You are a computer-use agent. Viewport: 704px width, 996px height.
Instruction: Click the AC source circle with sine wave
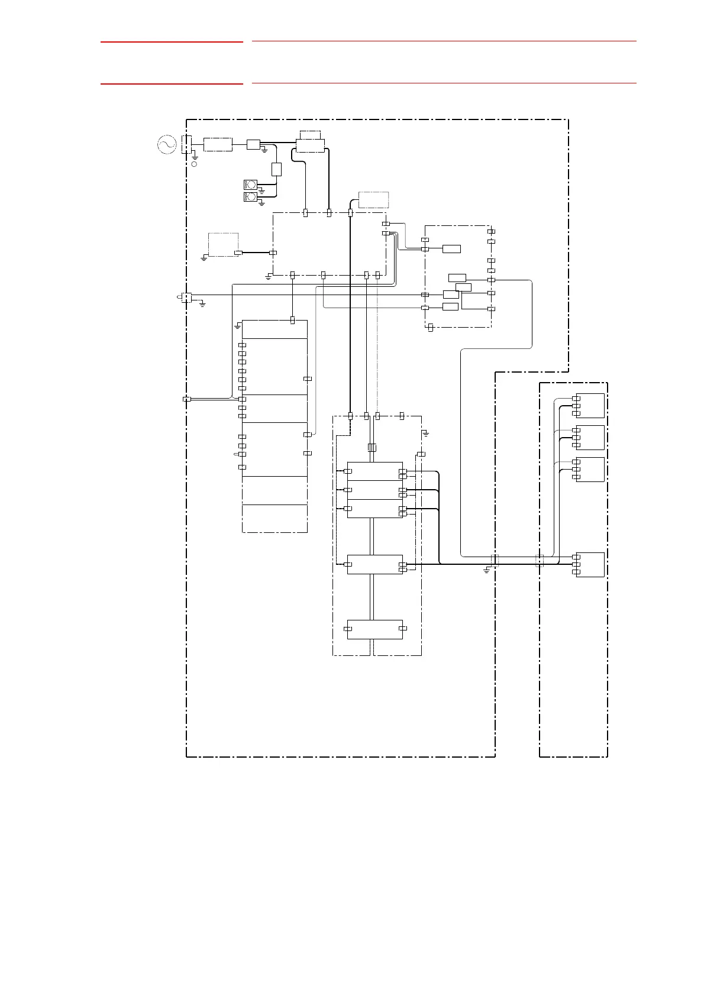coord(167,144)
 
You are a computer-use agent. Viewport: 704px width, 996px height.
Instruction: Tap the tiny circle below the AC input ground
coord(194,164)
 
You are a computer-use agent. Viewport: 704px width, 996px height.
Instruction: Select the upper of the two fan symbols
coord(250,184)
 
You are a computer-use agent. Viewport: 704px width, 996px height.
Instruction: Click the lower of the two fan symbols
coord(250,196)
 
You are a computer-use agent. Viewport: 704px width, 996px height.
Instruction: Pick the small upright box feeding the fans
coord(276,169)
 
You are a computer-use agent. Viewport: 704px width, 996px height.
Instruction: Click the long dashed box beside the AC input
coord(218,144)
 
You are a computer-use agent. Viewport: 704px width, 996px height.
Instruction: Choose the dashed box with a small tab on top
coord(311,143)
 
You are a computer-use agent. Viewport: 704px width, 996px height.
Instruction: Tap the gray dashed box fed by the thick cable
coord(374,200)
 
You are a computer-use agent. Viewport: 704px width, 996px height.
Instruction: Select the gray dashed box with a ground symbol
coord(224,245)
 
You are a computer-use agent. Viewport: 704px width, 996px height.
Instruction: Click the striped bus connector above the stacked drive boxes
coord(372,448)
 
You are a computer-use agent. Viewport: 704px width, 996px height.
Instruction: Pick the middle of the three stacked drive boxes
coord(374,490)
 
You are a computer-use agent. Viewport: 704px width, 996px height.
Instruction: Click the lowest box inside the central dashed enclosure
coord(374,629)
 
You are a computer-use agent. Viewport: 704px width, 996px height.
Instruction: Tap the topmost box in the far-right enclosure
coord(590,406)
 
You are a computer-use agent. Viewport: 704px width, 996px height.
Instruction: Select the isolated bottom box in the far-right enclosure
coord(590,565)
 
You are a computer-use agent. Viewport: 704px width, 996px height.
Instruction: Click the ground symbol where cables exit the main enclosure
coord(486,570)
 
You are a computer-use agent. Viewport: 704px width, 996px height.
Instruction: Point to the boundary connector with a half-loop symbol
coord(185,297)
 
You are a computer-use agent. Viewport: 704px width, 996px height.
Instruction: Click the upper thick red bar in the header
coord(172,42)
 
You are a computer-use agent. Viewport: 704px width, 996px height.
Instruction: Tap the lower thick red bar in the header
coord(172,84)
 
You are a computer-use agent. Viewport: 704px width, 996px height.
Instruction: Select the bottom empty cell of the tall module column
coord(275,519)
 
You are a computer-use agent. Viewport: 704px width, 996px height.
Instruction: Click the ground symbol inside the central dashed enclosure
coord(425,434)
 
